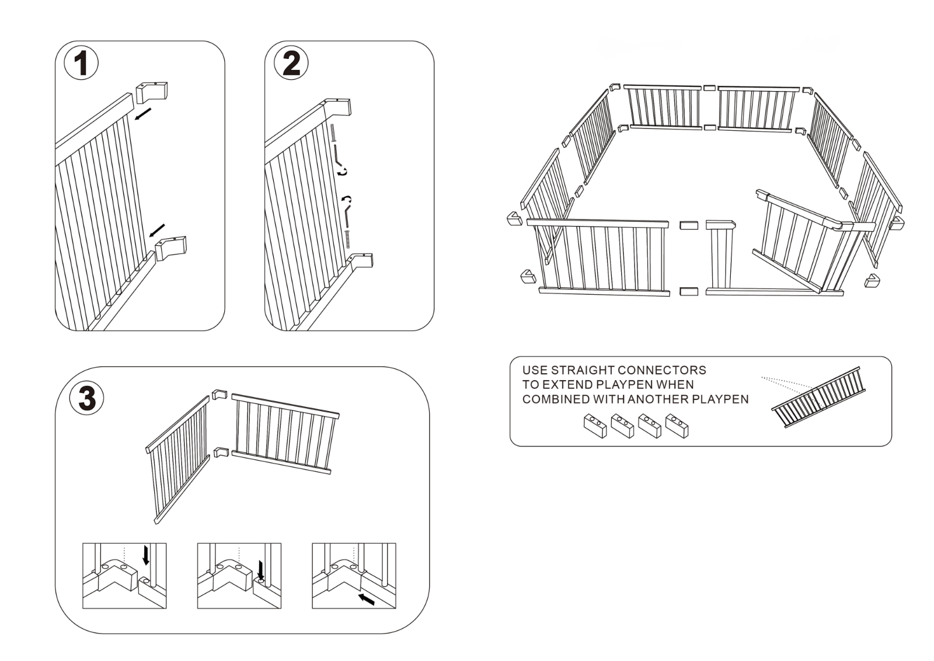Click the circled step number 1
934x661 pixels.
click(x=81, y=64)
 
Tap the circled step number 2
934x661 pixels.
click(x=291, y=64)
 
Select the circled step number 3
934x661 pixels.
click(x=87, y=398)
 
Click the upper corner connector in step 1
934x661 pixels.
click(x=152, y=92)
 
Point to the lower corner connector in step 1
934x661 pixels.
click(x=171, y=248)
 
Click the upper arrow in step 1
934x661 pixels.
click(x=143, y=114)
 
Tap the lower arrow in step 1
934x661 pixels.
click(x=157, y=230)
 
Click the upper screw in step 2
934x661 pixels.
click(x=333, y=133)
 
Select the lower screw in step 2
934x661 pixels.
click(x=347, y=239)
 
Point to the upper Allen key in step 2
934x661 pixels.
click(x=339, y=156)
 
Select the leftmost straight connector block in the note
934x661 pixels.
click(x=595, y=425)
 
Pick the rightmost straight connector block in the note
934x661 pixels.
click(x=677, y=425)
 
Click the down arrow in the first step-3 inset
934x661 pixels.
click(x=146, y=555)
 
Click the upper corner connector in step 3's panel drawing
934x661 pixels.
click(x=219, y=395)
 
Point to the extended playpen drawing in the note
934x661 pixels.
click(x=818, y=397)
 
